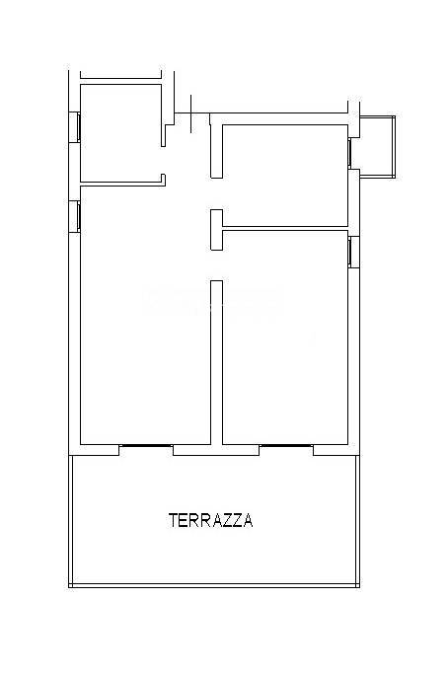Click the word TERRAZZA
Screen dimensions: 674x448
tap(210, 520)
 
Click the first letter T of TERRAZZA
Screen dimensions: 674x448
tap(173, 520)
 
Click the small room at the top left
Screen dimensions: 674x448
tap(118, 133)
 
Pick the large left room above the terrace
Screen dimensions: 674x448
tap(144, 326)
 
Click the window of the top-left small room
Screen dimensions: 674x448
tap(75, 126)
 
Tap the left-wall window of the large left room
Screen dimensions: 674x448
tap(75, 216)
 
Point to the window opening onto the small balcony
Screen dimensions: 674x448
tap(352, 151)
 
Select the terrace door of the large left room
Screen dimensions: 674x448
tap(146, 447)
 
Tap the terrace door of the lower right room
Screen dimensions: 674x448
tap(286, 447)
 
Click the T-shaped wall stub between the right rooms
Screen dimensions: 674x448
tap(216, 229)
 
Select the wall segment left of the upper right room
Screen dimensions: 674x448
tap(216, 148)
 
